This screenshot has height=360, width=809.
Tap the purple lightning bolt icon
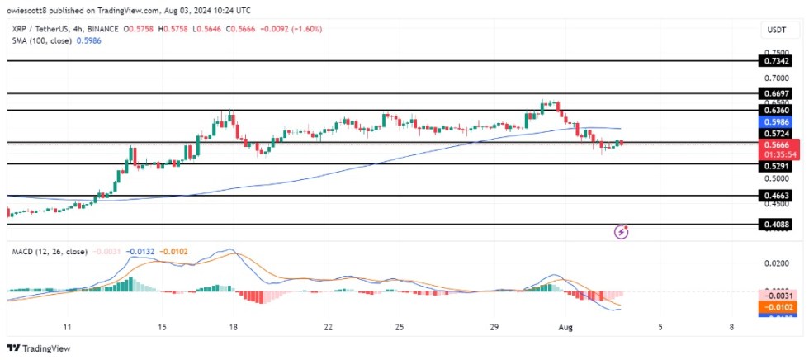(x=622, y=233)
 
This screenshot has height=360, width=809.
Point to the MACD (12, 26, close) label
(x=48, y=251)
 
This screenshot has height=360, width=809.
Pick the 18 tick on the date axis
(x=234, y=327)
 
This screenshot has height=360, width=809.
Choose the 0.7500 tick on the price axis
(x=776, y=51)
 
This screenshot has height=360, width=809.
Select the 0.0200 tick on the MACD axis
(x=776, y=263)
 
